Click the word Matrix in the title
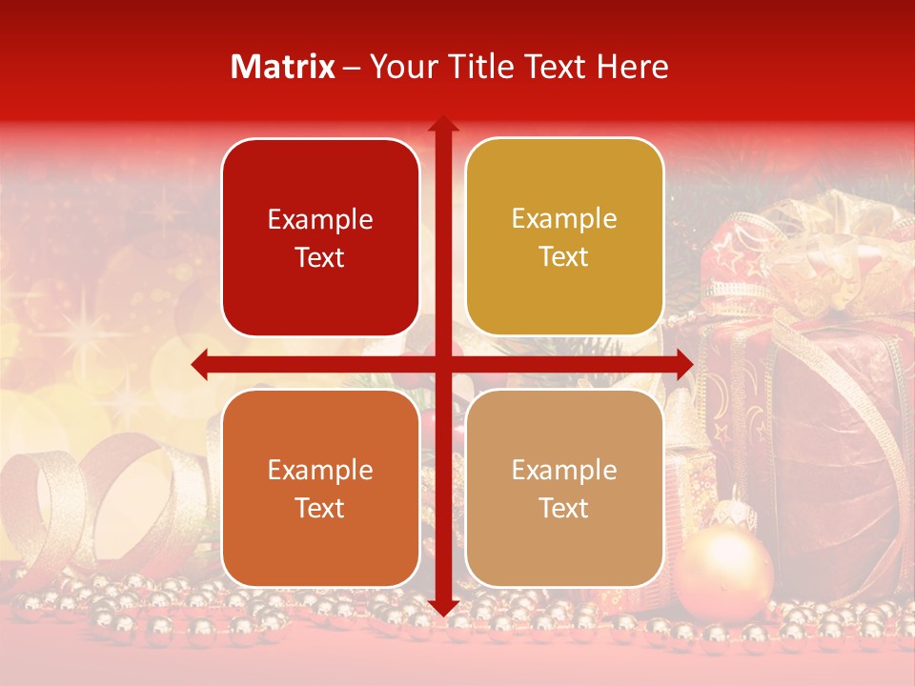(283, 67)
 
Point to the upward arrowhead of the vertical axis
(442, 124)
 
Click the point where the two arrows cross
(442, 364)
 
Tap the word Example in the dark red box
(320, 220)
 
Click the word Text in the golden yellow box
(564, 257)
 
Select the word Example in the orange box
(320, 471)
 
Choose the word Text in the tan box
(564, 508)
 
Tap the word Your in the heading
(398, 67)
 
